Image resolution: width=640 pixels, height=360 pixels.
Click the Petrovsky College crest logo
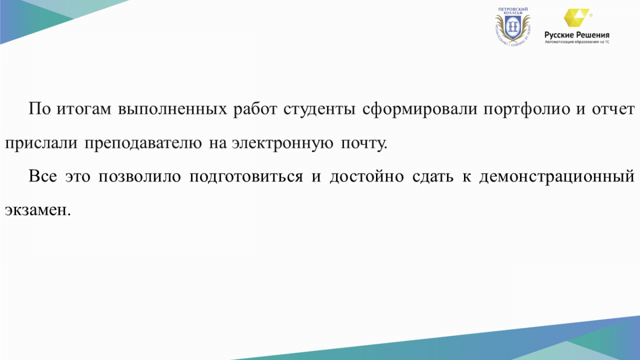tap(513, 27)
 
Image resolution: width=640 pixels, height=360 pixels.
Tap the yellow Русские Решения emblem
tap(577, 18)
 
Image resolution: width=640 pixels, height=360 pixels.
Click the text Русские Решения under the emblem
tap(577, 35)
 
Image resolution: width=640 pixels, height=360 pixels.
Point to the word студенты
tap(319, 109)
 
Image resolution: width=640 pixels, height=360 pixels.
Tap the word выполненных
tap(173, 109)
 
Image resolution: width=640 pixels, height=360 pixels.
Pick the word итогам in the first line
tap(84, 109)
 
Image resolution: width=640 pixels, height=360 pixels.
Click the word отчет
tap(613, 109)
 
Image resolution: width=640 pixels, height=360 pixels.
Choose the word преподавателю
tap(143, 143)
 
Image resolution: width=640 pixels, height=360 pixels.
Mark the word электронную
tap(282, 143)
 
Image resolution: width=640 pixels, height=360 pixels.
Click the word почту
tap(364, 143)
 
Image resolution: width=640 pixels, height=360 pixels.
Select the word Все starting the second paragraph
tap(43, 176)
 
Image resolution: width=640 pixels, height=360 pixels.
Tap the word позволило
tap(140, 177)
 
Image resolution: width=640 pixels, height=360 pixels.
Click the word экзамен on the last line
tap(37, 211)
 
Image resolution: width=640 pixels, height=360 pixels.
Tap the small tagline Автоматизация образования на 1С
tap(577, 42)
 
